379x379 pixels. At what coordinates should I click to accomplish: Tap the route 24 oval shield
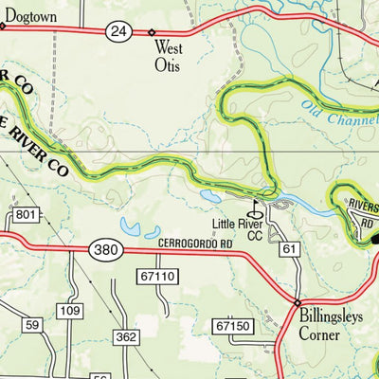pos(117,31)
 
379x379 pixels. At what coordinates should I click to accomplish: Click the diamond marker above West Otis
pos(152,32)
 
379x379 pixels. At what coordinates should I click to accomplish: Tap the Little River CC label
pos(237,230)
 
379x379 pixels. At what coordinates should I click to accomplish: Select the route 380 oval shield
pos(105,250)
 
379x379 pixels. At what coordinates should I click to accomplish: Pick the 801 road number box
pos(26,216)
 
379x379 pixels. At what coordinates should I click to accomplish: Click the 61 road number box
pos(289,249)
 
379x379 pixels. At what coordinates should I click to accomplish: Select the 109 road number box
pos(69,311)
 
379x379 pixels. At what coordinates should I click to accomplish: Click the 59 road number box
pos(32,325)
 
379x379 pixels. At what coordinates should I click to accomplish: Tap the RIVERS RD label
pos(363,207)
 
